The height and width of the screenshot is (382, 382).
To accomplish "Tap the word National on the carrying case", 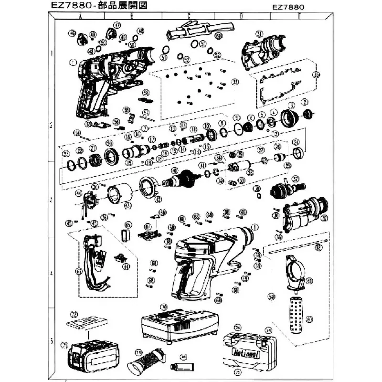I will (246, 354).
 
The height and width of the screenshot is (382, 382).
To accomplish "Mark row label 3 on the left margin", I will (51, 196).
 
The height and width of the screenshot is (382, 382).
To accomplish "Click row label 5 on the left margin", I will (51, 342).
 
